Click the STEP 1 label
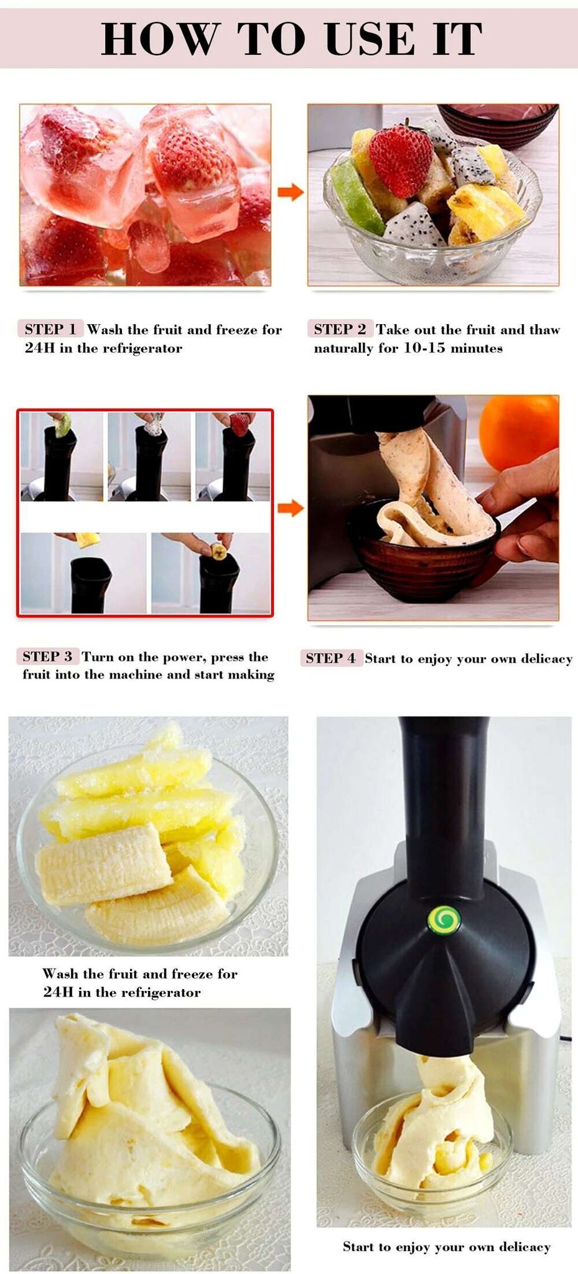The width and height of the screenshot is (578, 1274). tap(50, 329)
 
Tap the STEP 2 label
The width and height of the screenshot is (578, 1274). tap(340, 329)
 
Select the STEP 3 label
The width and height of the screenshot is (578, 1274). tap(48, 656)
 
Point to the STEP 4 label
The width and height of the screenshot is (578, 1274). tap(330, 658)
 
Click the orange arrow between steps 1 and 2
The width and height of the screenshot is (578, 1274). tap(289, 192)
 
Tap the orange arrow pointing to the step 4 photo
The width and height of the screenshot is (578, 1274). tap(289, 508)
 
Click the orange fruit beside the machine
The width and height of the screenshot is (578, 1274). tap(519, 431)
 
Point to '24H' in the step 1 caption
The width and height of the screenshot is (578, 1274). tap(40, 348)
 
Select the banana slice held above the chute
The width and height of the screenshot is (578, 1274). tap(218, 551)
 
